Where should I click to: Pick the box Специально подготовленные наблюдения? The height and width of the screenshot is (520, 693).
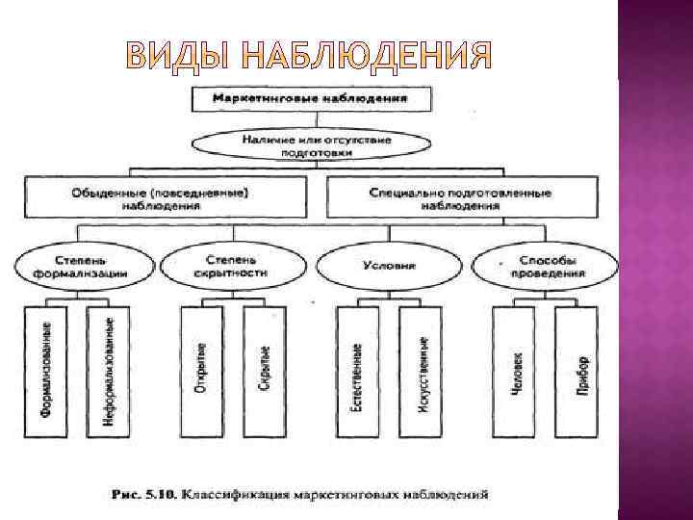tap(460, 198)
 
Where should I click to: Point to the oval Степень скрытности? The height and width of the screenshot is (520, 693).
tap(228, 267)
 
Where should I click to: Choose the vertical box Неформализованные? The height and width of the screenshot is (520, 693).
tap(105, 370)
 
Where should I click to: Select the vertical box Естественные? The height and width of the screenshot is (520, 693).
tap(357, 370)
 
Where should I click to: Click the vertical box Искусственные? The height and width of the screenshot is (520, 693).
tap(421, 370)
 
